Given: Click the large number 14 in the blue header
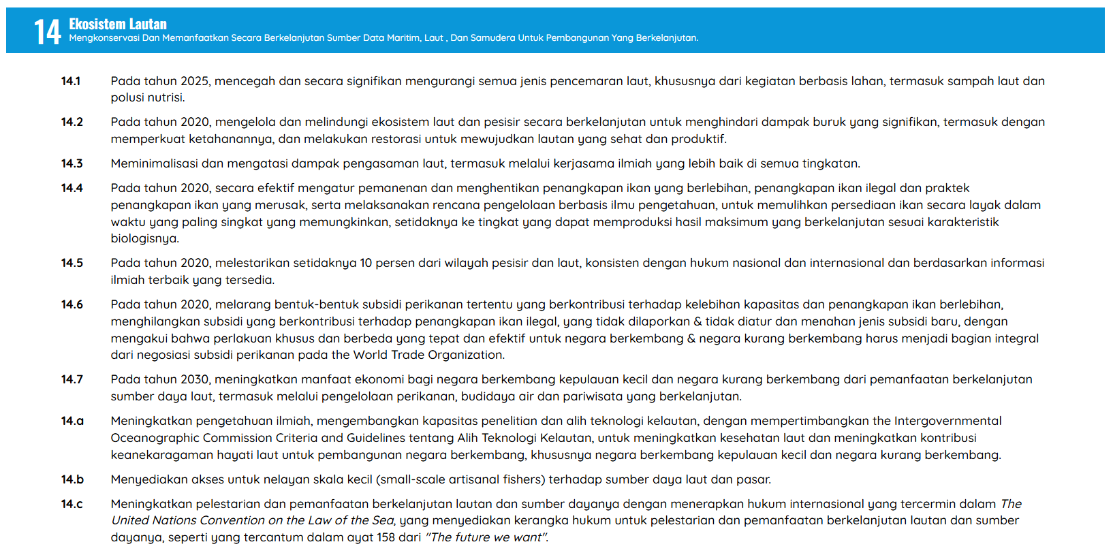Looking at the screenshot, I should tap(47, 31).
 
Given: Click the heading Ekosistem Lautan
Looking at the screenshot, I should tap(117, 24).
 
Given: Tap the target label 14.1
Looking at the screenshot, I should tap(71, 81).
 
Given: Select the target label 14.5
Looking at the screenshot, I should tap(72, 263).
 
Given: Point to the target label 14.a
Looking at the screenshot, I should tap(72, 421).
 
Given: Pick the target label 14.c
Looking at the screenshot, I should tap(72, 504).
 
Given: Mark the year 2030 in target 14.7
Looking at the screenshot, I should tap(195, 379).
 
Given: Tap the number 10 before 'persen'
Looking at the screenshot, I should tap(366, 263).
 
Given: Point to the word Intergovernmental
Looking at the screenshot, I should tap(947, 421).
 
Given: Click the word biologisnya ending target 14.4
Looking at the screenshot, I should tap(144, 238).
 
